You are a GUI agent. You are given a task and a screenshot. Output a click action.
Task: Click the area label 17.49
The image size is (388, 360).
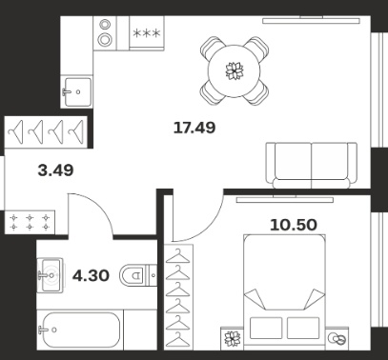click(194, 128)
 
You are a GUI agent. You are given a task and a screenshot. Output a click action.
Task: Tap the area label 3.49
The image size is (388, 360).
click(55, 170)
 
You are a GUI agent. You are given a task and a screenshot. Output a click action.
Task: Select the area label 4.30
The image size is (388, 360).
click(91, 275)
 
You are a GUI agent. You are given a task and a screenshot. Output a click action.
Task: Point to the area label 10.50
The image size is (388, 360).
click(294, 225)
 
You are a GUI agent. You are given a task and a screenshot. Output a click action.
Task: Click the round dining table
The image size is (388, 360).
click(235, 71)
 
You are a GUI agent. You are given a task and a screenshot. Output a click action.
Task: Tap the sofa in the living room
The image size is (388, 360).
click(311, 166)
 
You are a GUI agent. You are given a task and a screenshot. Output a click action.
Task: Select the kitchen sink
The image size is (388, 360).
click(77, 92)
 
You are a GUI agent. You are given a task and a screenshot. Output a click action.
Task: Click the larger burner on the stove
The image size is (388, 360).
click(105, 39)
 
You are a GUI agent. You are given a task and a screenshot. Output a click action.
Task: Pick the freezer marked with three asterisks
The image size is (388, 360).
click(147, 33)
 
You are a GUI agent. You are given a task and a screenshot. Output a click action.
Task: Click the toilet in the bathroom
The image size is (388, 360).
click(138, 275)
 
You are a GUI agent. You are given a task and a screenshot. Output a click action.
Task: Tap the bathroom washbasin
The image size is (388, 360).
click(50, 275)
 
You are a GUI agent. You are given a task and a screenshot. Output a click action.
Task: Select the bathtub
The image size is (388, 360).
click(80, 330)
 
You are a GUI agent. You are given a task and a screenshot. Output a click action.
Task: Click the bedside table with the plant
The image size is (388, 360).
click(233, 339)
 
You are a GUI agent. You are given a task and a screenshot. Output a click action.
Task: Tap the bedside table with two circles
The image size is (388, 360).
click(337, 339)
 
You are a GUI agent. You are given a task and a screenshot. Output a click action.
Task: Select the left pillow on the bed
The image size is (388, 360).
click(266, 328)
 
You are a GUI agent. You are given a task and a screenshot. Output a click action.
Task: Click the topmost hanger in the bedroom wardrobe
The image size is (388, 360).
click(178, 256)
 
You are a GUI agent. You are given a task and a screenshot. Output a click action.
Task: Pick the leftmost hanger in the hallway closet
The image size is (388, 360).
click(16, 132)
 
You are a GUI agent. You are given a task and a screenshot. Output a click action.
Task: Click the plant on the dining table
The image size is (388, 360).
click(235, 71)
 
